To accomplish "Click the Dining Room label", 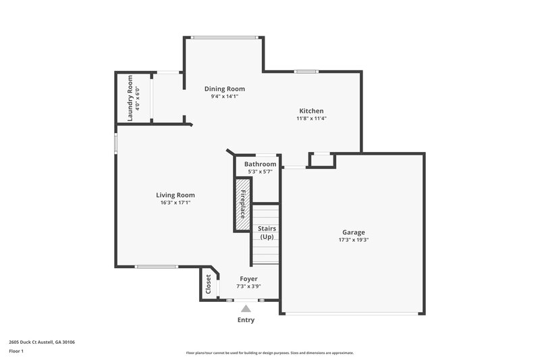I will coord(225,88).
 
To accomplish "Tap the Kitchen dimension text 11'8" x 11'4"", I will coord(311,119).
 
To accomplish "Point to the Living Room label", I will coord(175,195).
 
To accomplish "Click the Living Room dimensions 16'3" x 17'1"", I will coord(175,203).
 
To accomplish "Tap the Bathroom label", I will coord(260,164).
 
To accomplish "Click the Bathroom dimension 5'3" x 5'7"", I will coord(260,172).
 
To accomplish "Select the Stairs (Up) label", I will coord(267,232).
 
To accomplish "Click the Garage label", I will coord(353,232).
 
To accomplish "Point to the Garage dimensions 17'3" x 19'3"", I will coord(353,240).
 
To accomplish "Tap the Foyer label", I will coord(248,278).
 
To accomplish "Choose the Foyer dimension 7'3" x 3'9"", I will coord(248,286).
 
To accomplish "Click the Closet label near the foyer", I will coord(208,284).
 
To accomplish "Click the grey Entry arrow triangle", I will coord(246,309).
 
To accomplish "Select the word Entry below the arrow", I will coord(246,320).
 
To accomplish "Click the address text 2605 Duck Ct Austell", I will coord(42,342).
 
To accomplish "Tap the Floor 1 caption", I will coord(16,351).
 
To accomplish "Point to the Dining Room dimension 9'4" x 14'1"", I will coord(225,97).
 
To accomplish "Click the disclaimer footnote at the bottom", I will coord(270,353).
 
